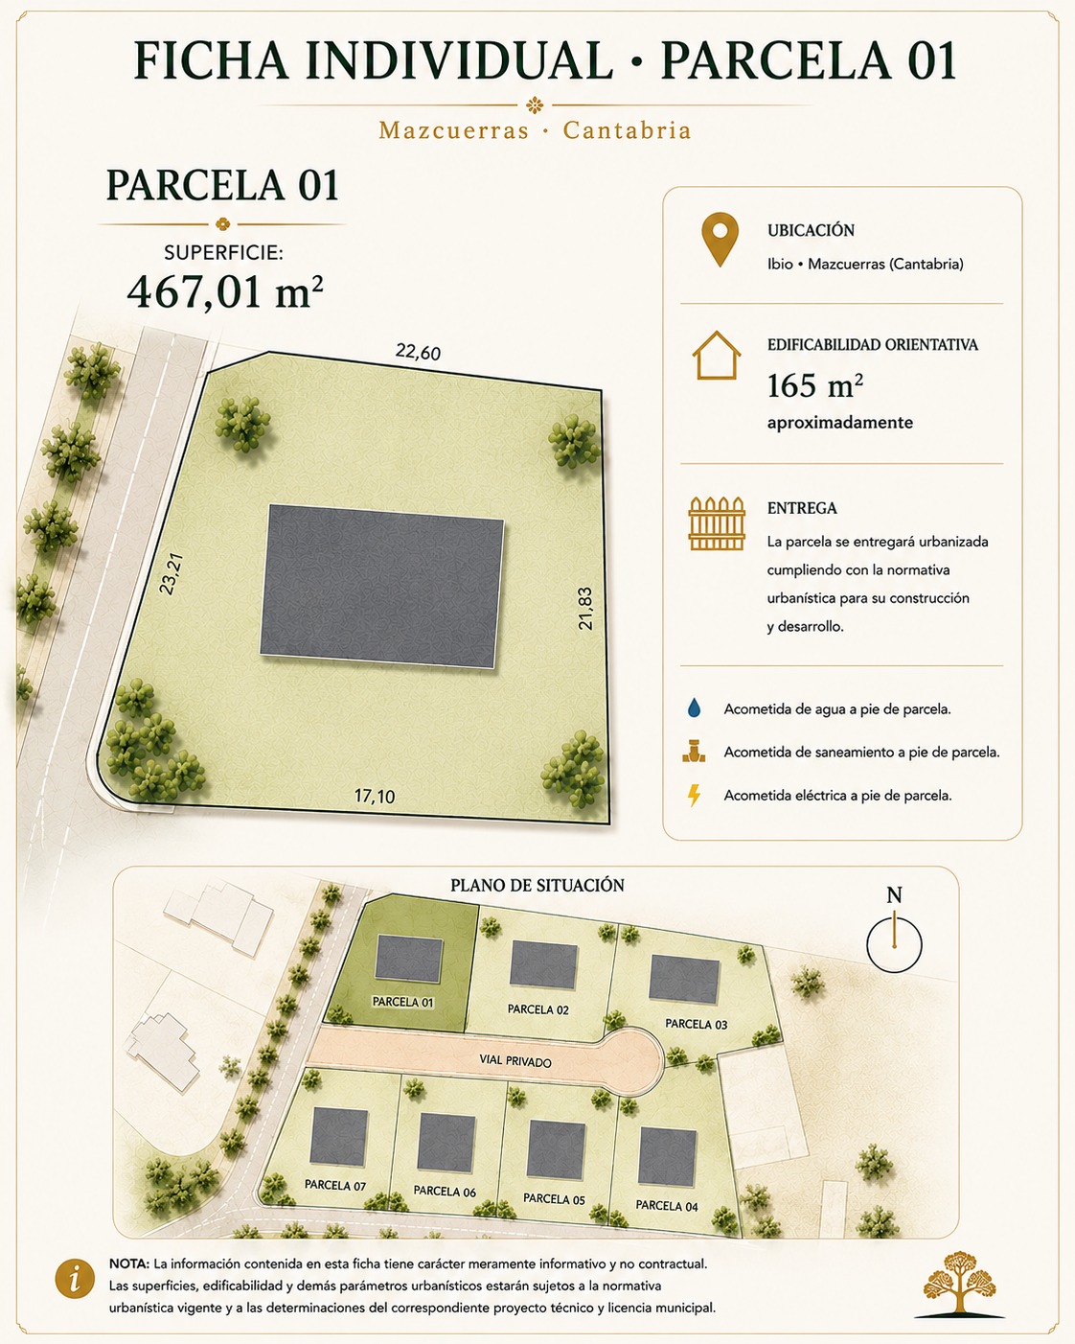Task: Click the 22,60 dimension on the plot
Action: (418, 352)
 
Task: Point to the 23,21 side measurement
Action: (171, 573)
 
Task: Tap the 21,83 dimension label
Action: (585, 609)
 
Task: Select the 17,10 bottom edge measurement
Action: (375, 797)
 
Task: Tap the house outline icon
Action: (717, 355)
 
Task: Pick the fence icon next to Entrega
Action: (717, 523)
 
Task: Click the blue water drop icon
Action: (694, 708)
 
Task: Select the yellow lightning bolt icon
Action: (694, 796)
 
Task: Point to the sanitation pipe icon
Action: (694, 752)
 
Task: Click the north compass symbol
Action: (894, 937)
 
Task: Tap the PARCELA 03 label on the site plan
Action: (696, 1024)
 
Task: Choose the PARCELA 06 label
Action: (445, 1191)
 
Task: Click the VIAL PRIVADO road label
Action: (515, 1061)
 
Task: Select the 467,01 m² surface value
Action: (225, 292)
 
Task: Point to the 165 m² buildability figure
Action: (814, 386)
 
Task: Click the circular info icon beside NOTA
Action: (75, 1281)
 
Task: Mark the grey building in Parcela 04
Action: (668, 1156)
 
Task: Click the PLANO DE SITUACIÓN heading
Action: (537, 886)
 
